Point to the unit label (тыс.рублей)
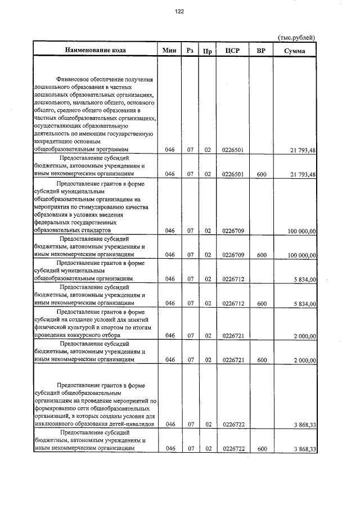click(296, 37)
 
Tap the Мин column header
click(169, 50)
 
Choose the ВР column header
click(261, 50)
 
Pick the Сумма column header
click(295, 50)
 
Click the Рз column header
click(191, 50)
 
